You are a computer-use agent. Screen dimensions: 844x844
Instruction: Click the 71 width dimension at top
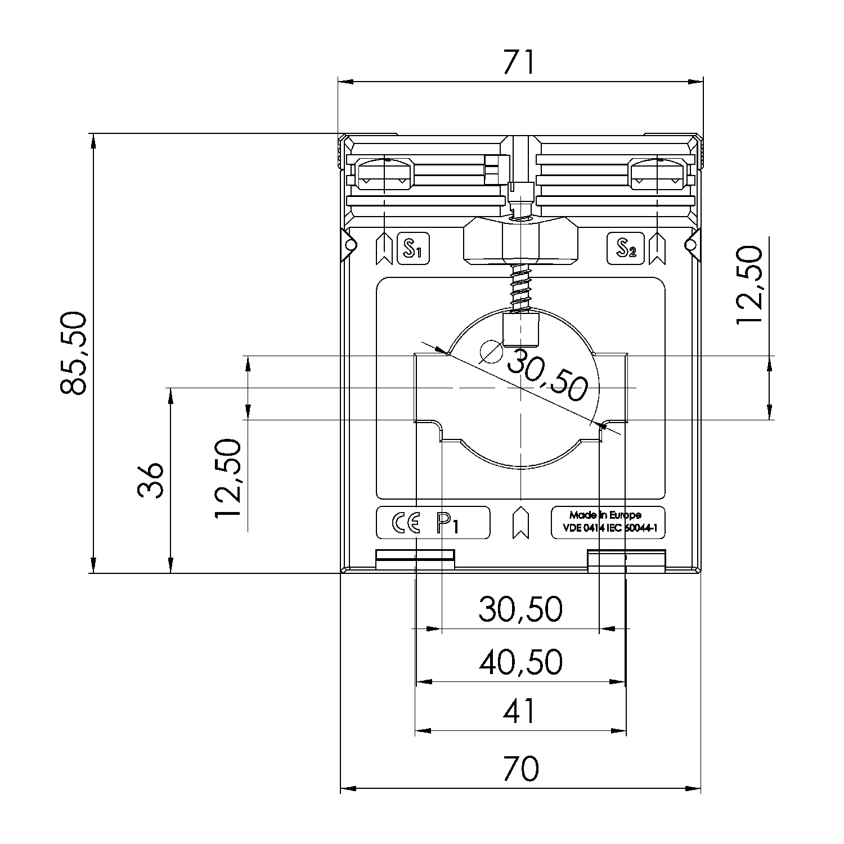pyautogui.click(x=518, y=63)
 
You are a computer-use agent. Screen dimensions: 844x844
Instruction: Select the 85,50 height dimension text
pyautogui.click(x=74, y=353)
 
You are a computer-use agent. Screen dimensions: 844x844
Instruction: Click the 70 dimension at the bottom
pyautogui.click(x=520, y=769)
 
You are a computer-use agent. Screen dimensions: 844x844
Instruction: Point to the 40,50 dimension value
pyautogui.click(x=520, y=662)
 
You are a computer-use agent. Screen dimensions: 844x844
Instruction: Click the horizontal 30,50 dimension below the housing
pyautogui.click(x=520, y=609)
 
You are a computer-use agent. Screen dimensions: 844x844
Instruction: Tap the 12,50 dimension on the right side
pyautogui.click(x=749, y=285)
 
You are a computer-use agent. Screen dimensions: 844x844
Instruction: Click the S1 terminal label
pyautogui.click(x=413, y=248)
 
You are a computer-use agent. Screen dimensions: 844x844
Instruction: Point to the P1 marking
pyautogui.click(x=448, y=524)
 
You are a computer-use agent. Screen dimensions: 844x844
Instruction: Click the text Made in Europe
pyautogui.click(x=605, y=515)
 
